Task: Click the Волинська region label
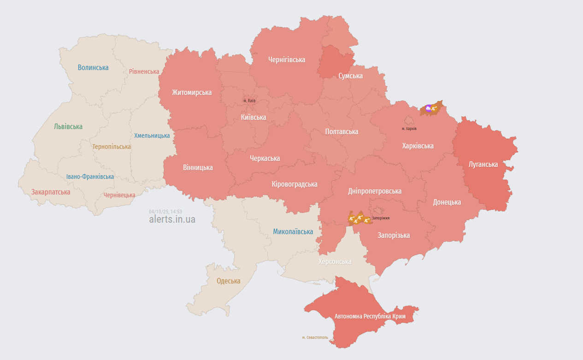[x=93, y=67]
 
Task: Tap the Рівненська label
[x=144, y=71]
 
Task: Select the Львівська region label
[x=68, y=126]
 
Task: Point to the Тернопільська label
[x=112, y=147]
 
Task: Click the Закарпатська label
[x=51, y=192]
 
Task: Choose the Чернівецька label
[x=119, y=195]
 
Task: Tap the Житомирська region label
[x=192, y=92]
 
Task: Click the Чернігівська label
[x=287, y=59]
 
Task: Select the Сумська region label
[x=350, y=76]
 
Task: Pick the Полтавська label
[x=342, y=131]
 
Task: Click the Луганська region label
[x=483, y=164]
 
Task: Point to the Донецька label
[x=447, y=202]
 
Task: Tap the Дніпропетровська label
[x=374, y=191]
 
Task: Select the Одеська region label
[x=229, y=281]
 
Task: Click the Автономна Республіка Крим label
[x=370, y=316]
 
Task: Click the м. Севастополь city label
[x=315, y=337]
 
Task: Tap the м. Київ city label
[x=249, y=100]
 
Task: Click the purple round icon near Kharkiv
[x=429, y=108]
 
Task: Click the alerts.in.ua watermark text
[x=172, y=219]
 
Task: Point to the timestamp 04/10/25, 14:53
[x=165, y=212]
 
